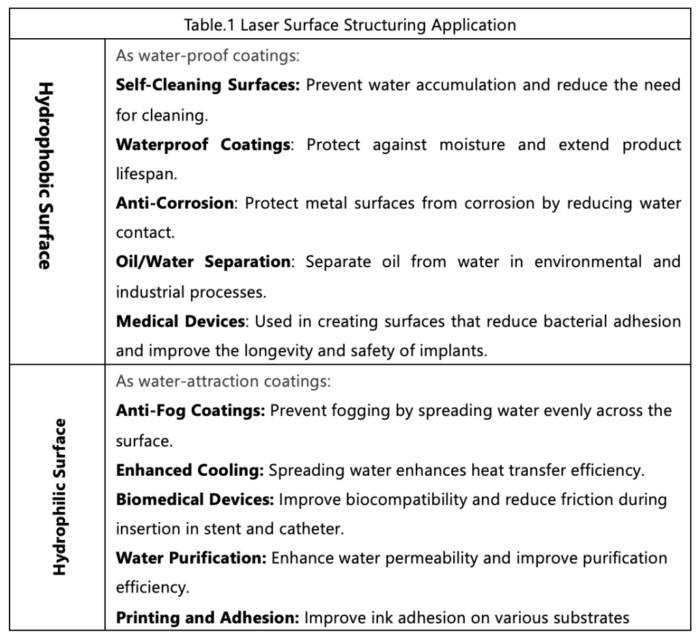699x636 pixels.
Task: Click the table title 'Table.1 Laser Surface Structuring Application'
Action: click(x=349, y=26)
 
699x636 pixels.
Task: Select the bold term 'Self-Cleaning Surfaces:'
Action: click(x=208, y=85)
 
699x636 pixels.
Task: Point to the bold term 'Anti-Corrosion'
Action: click(x=175, y=203)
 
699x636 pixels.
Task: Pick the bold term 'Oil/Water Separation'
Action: click(x=203, y=262)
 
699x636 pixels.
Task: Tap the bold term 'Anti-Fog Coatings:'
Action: click(x=192, y=411)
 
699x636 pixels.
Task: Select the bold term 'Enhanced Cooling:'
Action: click(x=190, y=470)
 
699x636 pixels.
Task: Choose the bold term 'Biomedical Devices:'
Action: click(x=195, y=500)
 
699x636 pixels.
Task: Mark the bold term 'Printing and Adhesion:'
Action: click(x=208, y=618)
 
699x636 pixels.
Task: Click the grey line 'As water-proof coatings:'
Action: click(x=208, y=56)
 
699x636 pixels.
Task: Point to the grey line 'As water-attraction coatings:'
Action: click(x=223, y=382)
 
